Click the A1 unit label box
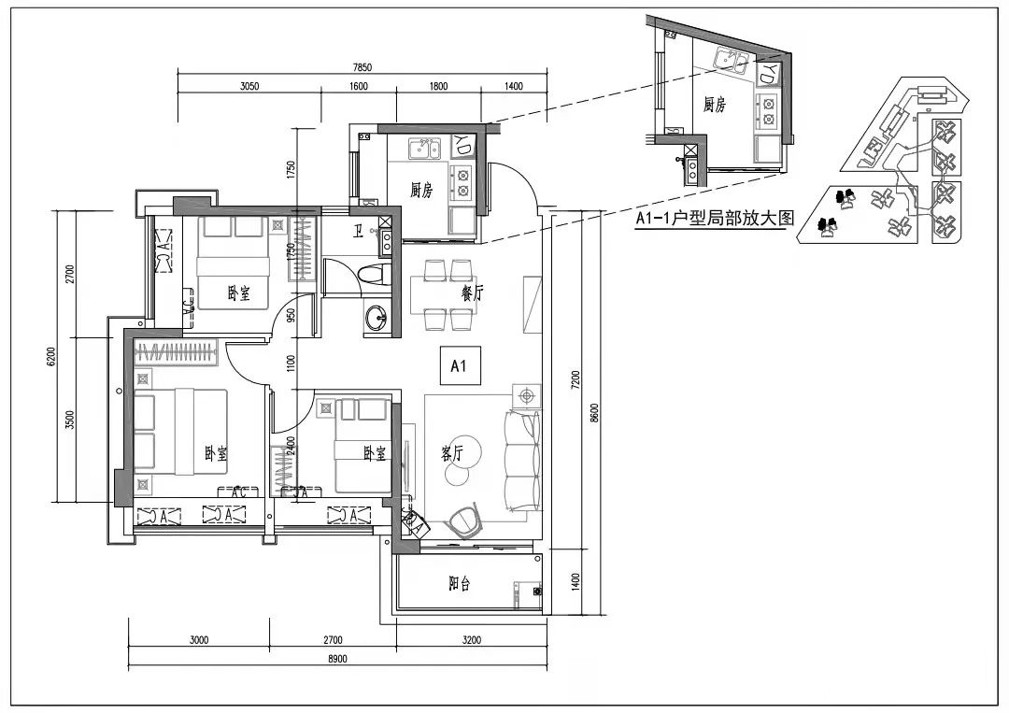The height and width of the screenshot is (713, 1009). [458, 366]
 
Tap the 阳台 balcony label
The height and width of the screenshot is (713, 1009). [460, 584]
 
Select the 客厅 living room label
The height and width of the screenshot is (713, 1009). [453, 453]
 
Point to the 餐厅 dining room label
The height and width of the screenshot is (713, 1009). [473, 293]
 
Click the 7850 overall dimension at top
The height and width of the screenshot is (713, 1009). [362, 67]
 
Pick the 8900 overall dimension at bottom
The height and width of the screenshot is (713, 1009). [337, 659]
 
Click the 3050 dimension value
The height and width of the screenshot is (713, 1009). [249, 86]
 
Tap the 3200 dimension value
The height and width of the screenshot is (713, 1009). [472, 640]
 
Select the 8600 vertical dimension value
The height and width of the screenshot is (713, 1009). [594, 412]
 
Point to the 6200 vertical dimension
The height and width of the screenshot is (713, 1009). [50, 357]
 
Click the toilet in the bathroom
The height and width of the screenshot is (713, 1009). [374, 276]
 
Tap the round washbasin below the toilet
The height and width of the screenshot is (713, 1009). [377, 317]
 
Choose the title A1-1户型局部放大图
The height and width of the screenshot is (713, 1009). [716, 219]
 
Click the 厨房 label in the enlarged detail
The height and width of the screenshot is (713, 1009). [715, 105]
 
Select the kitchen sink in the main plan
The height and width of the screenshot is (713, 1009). [424, 150]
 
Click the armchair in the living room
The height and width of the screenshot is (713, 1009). [464, 520]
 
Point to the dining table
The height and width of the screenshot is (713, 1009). [443, 294]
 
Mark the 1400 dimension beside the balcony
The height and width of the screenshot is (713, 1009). [576, 582]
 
